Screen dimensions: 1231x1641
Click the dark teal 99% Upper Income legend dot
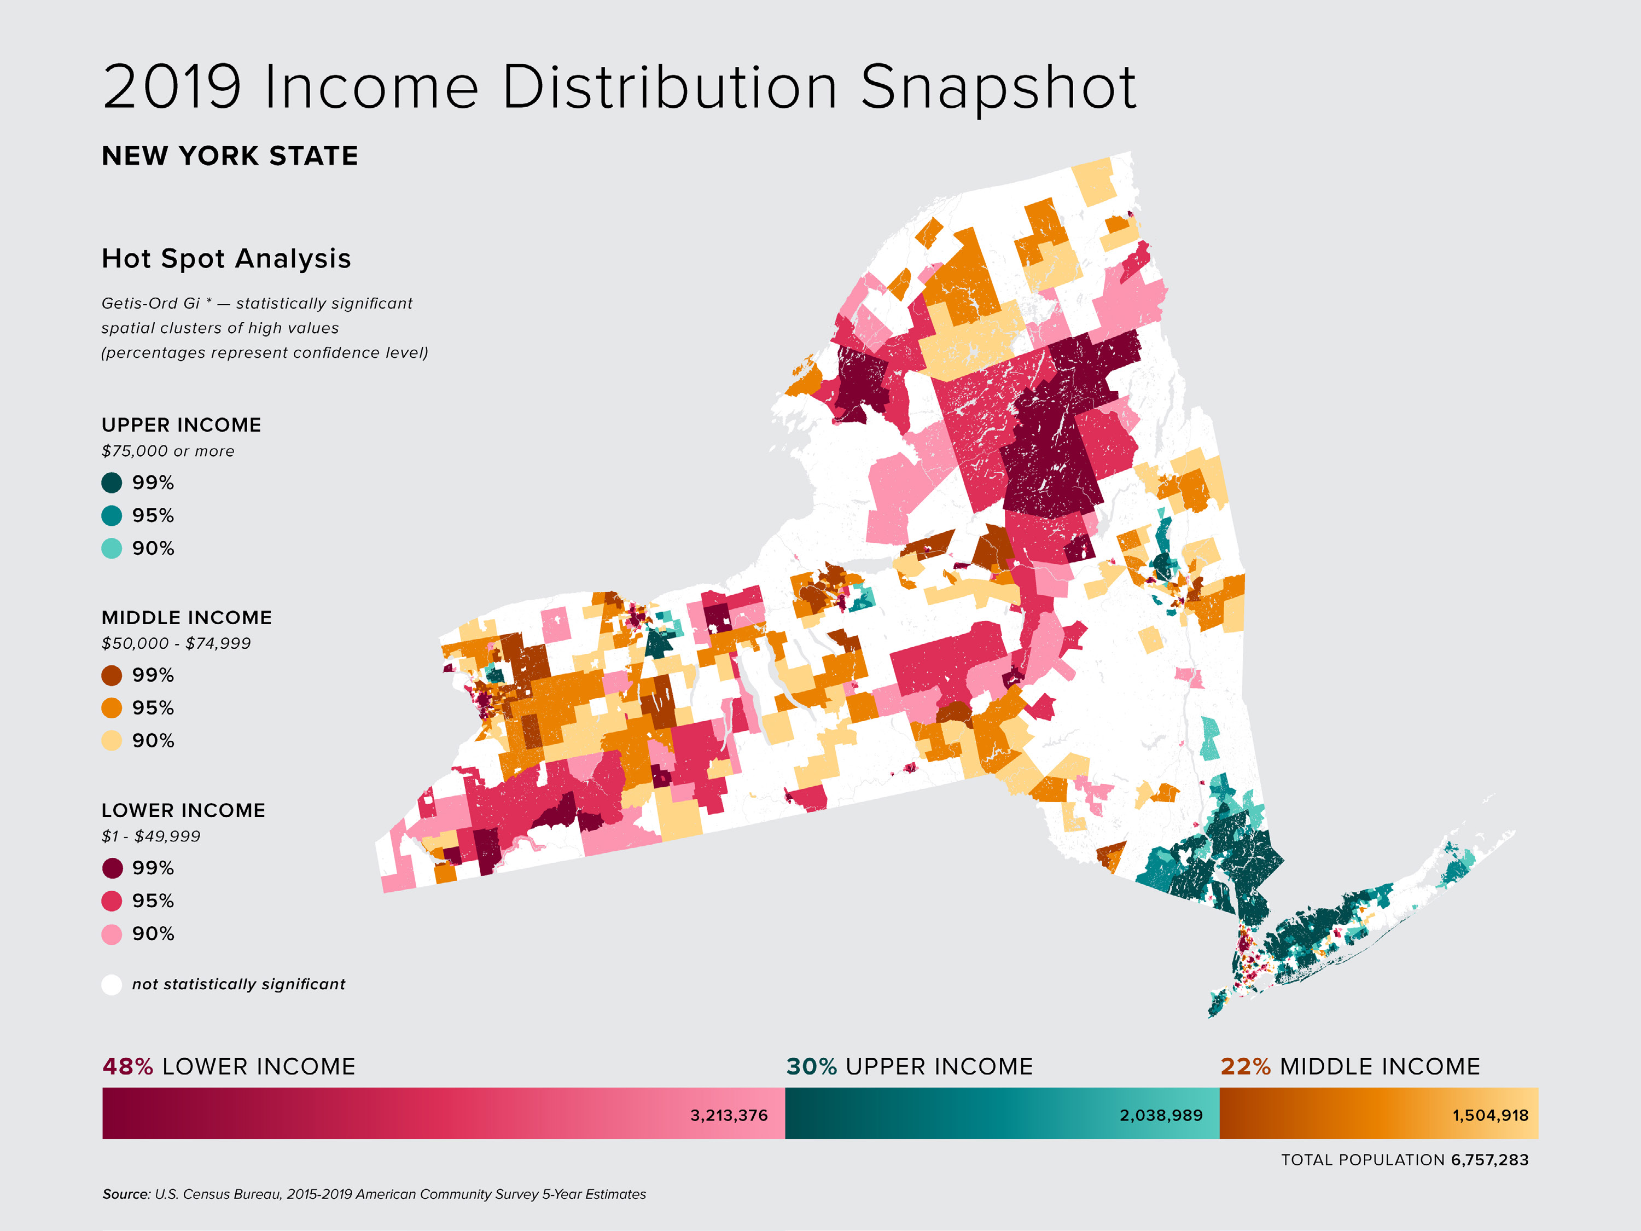(111, 483)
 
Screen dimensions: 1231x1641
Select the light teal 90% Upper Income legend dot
(111, 548)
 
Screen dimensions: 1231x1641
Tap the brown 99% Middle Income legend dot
(111, 675)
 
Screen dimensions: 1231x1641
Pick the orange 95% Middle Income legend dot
(111, 708)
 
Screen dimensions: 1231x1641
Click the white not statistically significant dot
(111, 985)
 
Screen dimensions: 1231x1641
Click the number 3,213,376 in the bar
(729, 1115)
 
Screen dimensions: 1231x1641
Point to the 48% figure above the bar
(127, 1067)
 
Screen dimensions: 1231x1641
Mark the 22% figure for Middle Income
(1246, 1067)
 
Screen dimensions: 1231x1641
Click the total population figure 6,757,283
(1489, 1160)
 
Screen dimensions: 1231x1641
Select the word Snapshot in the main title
(998, 88)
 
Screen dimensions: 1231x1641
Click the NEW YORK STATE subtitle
(230, 156)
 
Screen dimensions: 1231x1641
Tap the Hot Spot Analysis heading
(226, 258)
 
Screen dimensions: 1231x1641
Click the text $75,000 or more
(168, 451)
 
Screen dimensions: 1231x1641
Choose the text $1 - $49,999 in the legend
(150, 836)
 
